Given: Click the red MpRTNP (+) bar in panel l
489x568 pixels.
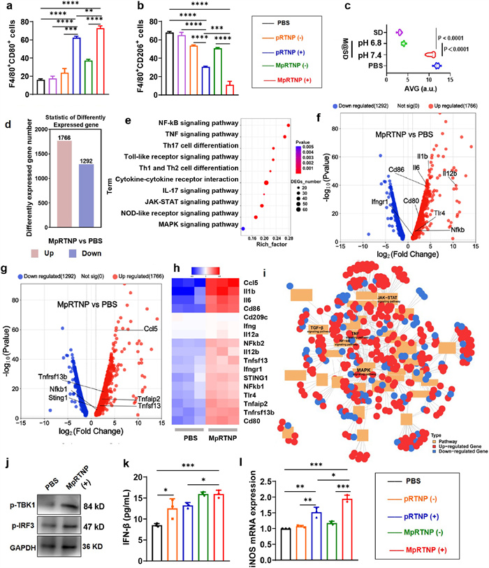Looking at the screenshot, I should (x=346, y=517).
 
